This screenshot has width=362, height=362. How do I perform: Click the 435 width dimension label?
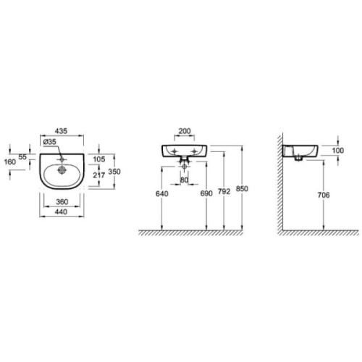pos(61,131)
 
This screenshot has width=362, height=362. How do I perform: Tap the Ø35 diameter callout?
pos(50,142)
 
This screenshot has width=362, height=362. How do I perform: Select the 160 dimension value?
pos(10,161)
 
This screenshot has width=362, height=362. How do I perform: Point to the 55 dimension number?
pos(22,157)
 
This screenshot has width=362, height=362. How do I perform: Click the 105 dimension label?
pos(99,159)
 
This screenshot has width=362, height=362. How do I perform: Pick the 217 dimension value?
pos(99,175)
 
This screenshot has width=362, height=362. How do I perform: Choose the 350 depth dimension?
pos(114,172)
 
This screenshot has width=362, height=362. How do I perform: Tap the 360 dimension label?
pos(62,201)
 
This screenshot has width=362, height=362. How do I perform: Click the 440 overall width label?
pos(61,211)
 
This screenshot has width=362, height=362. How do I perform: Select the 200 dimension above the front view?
pos(185,131)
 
